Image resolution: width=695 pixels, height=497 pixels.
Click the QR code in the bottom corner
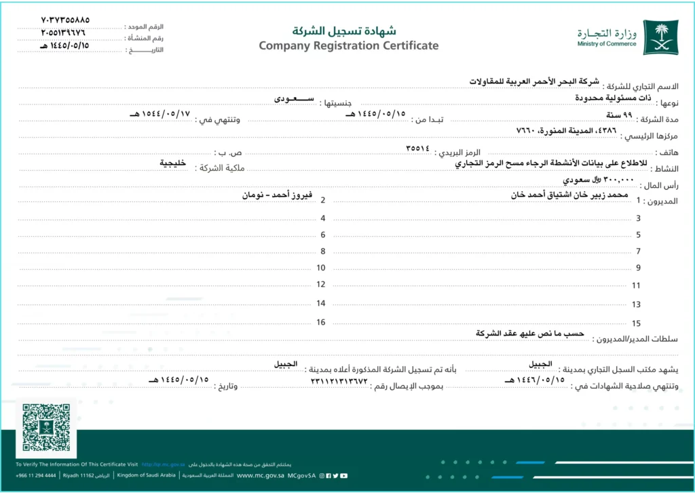coord(46,427)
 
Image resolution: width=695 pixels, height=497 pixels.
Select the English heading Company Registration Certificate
coord(348,46)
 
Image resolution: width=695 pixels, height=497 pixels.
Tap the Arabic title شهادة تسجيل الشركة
coord(344,31)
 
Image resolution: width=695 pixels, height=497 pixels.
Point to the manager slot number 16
coord(321,322)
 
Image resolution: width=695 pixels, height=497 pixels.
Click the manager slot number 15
coord(637,324)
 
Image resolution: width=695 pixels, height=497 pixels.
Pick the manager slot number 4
coord(323,218)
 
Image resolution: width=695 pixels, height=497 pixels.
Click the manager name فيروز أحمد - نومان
coord(278,195)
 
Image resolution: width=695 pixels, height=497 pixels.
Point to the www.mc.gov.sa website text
coord(261,476)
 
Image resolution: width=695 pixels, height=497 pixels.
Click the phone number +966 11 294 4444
coord(36,476)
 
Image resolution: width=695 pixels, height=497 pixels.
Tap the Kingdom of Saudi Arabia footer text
coord(147,476)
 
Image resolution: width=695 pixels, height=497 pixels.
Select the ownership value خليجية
coord(173,163)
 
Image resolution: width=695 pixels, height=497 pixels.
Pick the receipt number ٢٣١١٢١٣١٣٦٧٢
coord(339,380)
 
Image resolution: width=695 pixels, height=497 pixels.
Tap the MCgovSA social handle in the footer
coord(301,476)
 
